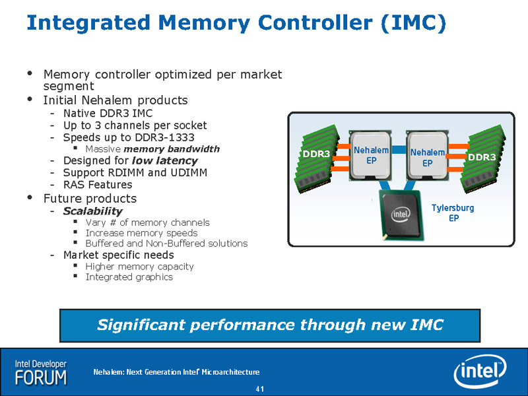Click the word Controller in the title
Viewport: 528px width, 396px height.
315,22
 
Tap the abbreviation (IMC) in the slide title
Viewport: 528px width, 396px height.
414,23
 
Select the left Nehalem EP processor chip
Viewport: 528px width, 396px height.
370,156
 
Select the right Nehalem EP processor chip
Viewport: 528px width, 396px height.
427,156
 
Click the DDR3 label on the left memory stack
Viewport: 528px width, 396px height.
316,154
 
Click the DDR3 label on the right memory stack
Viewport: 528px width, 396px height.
482,157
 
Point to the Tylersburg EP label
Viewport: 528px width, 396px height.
453,213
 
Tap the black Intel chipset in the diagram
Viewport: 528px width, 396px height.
401,214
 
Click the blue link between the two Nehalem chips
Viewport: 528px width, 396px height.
399,150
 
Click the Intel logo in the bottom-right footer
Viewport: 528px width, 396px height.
480,372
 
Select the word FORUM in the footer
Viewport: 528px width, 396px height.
41,378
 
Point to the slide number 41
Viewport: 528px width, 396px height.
259,389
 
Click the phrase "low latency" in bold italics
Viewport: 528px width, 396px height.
164,160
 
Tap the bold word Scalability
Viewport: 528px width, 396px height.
92,211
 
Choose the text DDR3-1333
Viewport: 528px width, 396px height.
164,137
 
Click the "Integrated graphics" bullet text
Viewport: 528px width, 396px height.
129,277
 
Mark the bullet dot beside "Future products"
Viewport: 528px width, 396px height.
30,197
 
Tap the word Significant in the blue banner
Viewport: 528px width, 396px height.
141,325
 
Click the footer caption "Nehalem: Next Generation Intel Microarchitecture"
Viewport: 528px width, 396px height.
176,372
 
